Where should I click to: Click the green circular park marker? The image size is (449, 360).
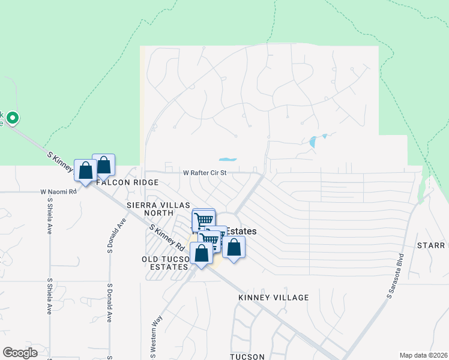13,118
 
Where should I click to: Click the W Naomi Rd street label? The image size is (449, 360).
59,192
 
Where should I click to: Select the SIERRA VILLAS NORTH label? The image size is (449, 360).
158,209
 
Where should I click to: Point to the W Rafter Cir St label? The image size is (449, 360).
205,173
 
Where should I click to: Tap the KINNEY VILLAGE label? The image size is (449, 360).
273,298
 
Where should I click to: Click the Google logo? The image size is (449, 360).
20,353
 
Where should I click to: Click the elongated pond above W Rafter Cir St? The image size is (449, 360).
227,160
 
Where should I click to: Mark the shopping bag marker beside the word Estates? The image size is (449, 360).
234,247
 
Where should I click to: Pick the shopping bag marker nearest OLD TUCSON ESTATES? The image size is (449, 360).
201,253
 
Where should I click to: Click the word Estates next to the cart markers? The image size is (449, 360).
240,231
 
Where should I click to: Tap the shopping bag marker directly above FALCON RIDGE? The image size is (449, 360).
103,165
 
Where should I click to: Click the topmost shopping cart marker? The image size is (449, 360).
203,219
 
